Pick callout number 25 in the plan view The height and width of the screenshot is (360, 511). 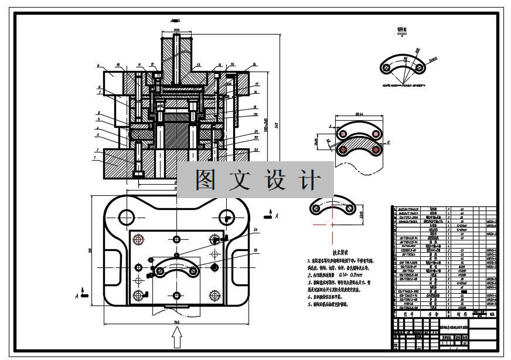click(255, 250)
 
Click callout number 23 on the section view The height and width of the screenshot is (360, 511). click(257, 150)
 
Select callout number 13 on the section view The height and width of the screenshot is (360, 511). click(199, 64)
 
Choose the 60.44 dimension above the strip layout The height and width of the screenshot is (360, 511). click(358, 115)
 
